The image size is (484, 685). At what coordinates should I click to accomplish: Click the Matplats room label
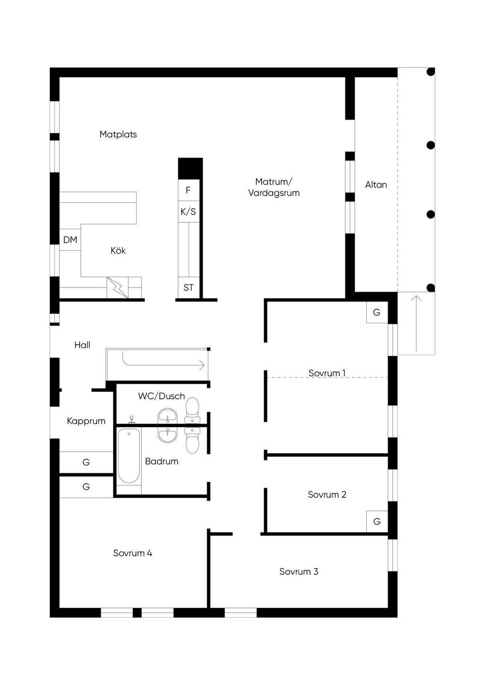(118, 134)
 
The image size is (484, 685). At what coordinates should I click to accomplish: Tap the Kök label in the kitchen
(118, 250)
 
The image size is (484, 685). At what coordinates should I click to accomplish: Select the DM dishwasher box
(70, 240)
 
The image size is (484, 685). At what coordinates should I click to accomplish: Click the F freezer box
(189, 190)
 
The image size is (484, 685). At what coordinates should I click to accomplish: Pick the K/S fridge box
(189, 211)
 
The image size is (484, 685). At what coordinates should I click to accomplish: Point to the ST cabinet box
(189, 288)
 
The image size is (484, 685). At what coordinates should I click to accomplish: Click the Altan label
(376, 184)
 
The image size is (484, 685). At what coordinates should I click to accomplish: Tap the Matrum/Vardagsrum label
(274, 187)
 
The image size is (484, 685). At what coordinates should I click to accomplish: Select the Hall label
(82, 345)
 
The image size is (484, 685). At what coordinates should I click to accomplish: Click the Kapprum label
(86, 421)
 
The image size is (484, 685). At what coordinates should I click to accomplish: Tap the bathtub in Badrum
(129, 456)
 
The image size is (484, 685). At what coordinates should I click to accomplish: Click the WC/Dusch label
(161, 396)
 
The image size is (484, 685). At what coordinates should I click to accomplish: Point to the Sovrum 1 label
(327, 373)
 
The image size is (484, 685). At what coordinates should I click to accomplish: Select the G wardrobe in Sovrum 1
(377, 312)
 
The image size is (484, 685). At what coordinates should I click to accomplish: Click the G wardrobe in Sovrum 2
(377, 521)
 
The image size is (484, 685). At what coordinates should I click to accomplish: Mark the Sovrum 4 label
(133, 553)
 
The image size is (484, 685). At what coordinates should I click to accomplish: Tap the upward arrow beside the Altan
(416, 323)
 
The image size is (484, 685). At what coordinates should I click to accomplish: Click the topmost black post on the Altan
(431, 72)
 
